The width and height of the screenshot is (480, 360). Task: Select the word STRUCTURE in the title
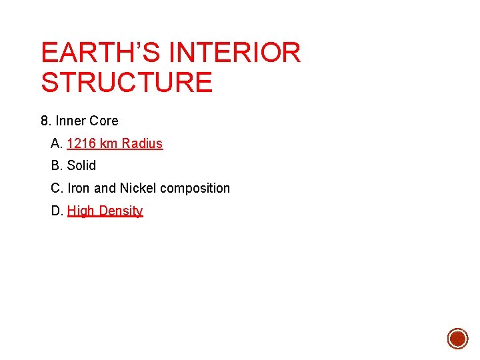pyautogui.click(x=127, y=82)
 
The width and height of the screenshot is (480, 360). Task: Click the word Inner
pyautogui.click(x=70, y=121)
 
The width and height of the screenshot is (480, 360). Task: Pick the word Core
pyautogui.click(x=103, y=121)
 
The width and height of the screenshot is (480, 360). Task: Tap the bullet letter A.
pyautogui.click(x=56, y=143)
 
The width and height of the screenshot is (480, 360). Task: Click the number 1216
pyautogui.click(x=81, y=143)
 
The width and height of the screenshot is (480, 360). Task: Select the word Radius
pyautogui.click(x=142, y=143)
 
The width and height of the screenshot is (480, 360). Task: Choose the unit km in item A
pyautogui.click(x=109, y=143)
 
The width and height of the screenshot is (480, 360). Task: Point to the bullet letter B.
pyautogui.click(x=56, y=165)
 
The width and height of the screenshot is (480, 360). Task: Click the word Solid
pyautogui.click(x=81, y=165)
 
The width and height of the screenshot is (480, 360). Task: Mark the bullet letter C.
pyautogui.click(x=56, y=188)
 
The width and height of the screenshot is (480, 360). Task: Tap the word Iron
pyautogui.click(x=79, y=188)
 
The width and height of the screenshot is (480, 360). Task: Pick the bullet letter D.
pyautogui.click(x=56, y=211)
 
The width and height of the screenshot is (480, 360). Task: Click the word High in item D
pyautogui.click(x=81, y=211)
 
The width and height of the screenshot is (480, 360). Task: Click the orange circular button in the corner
pyautogui.click(x=457, y=338)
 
